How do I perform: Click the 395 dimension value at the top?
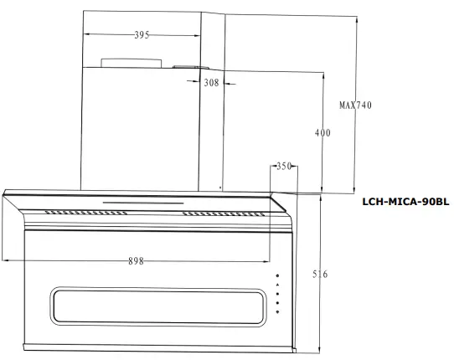[142, 35]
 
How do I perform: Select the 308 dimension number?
[210, 83]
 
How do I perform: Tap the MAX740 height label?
[355, 105]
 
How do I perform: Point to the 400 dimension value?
[322, 133]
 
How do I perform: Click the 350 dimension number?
[283, 167]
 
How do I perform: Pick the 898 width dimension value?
[135, 261]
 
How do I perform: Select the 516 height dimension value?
[319, 275]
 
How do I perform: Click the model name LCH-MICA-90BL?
[405, 202]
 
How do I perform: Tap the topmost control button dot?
[277, 275]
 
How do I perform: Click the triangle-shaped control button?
[277, 285]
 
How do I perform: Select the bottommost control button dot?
[277, 312]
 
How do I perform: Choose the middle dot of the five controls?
[277, 294]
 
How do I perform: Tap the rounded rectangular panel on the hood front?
[159, 306]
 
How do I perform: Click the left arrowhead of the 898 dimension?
[6, 261]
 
